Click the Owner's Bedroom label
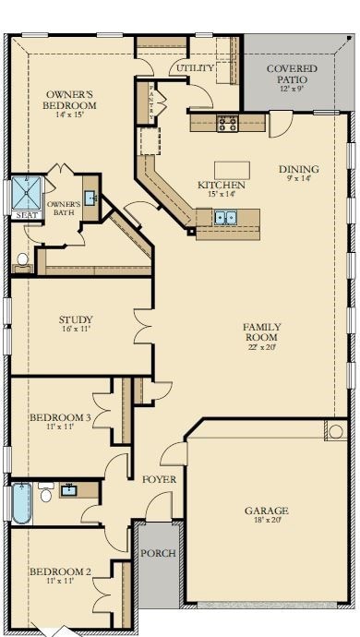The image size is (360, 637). point(71,100)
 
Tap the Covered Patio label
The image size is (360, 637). point(292,74)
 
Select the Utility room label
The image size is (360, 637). point(195,67)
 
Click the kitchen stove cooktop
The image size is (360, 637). point(228,123)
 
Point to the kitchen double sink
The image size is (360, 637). point(225,218)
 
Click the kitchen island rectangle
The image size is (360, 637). point(232,170)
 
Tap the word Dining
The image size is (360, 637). point(299,169)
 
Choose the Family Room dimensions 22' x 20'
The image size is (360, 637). point(261,347)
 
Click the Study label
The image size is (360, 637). point(76,319)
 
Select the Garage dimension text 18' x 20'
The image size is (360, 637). point(267,521)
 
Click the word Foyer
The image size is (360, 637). point(160,479)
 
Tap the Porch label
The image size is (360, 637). point(158,553)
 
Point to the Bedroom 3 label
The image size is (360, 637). point(60,417)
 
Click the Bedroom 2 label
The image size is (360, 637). point(60,571)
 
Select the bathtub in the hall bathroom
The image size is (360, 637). point(21,503)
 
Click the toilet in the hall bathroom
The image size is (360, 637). point(46,492)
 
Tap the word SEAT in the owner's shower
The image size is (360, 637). point(27,215)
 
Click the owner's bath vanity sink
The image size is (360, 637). point(90,198)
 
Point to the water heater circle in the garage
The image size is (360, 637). point(336,431)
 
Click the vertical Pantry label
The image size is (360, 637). point(151,102)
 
